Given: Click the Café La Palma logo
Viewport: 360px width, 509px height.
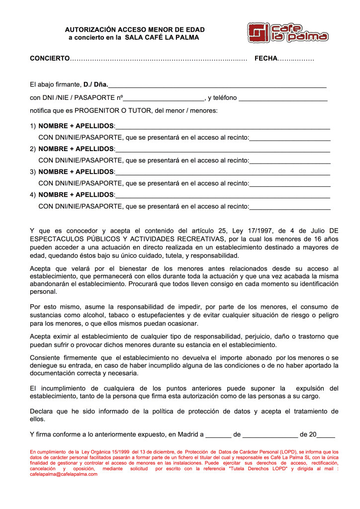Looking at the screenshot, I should (x=288, y=32).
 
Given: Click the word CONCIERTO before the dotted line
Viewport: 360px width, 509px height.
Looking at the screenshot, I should (x=50, y=59).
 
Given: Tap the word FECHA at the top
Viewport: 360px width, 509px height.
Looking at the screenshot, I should (x=266, y=59).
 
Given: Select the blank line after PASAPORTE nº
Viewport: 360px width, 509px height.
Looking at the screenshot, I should (x=164, y=98).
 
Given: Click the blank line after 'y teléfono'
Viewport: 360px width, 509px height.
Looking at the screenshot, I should (x=283, y=98).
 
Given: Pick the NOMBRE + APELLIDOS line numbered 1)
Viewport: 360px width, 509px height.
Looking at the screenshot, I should (x=222, y=126).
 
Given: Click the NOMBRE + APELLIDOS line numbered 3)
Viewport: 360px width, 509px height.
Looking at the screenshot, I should (x=222, y=172).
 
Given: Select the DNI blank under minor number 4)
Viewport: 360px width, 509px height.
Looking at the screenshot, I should (x=290, y=206).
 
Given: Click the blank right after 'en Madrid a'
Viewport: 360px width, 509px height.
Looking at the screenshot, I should (x=218, y=434).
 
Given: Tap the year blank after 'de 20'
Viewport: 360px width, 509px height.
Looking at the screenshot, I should (x=326, y=434).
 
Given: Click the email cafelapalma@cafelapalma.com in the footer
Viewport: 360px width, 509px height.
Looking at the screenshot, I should (x=64, y=474).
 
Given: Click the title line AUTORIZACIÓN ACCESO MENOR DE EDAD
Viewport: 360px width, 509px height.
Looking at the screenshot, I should (x=135, y=30).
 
